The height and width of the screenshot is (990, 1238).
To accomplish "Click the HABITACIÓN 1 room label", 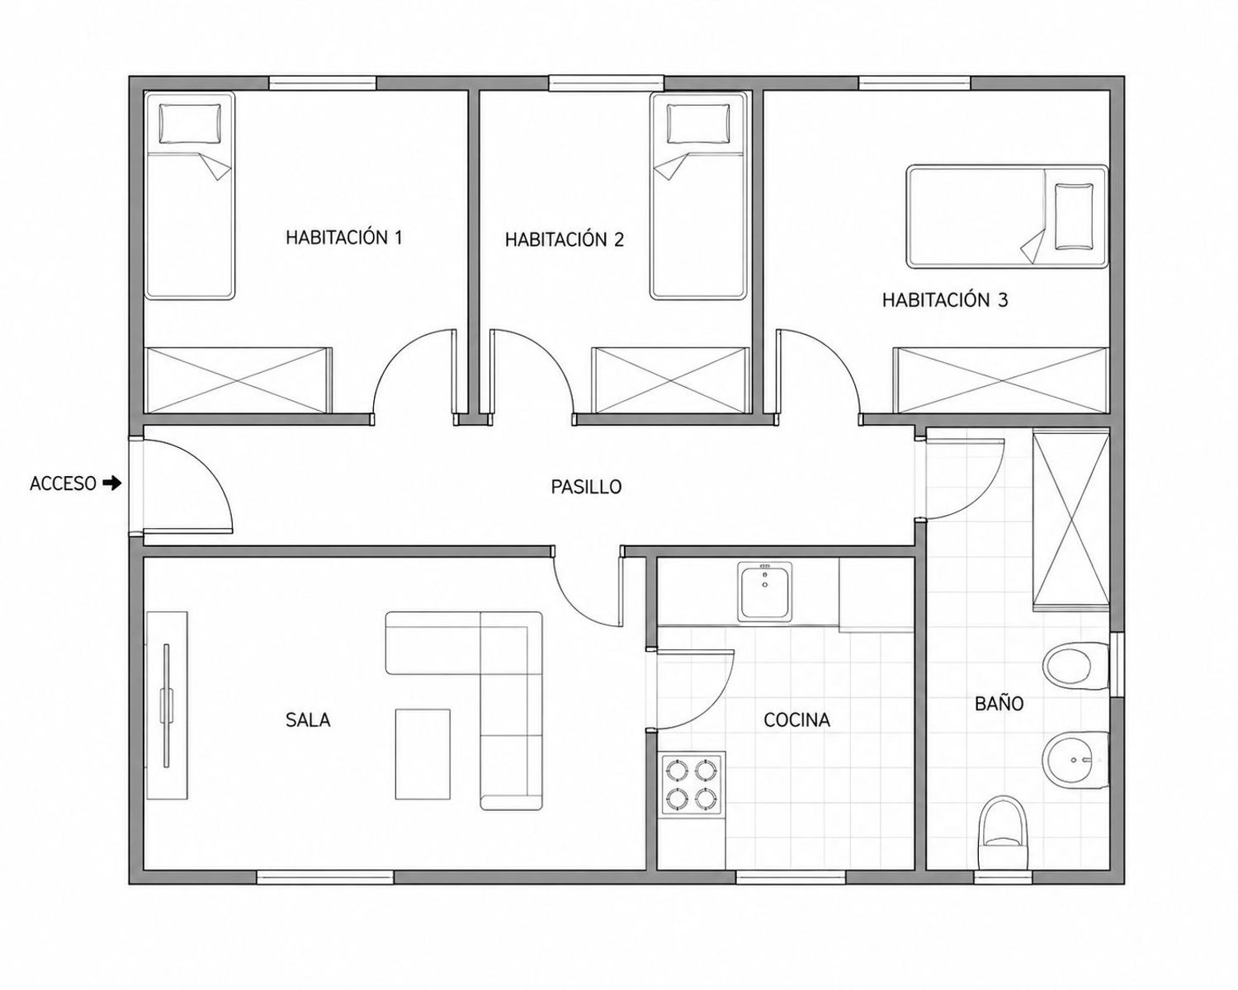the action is tap(344, 238).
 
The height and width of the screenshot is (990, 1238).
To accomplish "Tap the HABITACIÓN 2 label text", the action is tap(565, 239).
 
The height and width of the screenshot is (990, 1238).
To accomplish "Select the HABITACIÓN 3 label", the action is tap(945, 299).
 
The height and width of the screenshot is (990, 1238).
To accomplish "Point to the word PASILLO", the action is tap(586, 487).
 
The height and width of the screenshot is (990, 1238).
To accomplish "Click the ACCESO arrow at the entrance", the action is tap(112, 483).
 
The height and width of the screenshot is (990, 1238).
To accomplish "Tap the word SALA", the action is tap(308, 719).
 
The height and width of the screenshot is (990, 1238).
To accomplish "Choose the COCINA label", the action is tap(796, 719).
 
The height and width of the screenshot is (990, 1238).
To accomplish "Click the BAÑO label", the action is tap(999, 703).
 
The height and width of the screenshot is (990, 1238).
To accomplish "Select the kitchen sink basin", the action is tap(764, 592).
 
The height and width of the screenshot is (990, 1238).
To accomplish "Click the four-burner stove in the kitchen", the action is tap(693, 783).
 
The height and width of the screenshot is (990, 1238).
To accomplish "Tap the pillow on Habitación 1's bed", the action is tap(190, 124).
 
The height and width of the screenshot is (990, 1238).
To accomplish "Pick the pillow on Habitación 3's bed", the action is tap(1074, 216).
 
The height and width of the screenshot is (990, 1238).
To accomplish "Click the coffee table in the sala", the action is tap(423, 754).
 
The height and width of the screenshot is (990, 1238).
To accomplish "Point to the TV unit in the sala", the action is tap(167, 705).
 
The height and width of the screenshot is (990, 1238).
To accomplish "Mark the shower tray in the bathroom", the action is tap(1071, 522).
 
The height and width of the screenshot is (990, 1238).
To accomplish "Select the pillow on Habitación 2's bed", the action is tap(697, 124).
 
